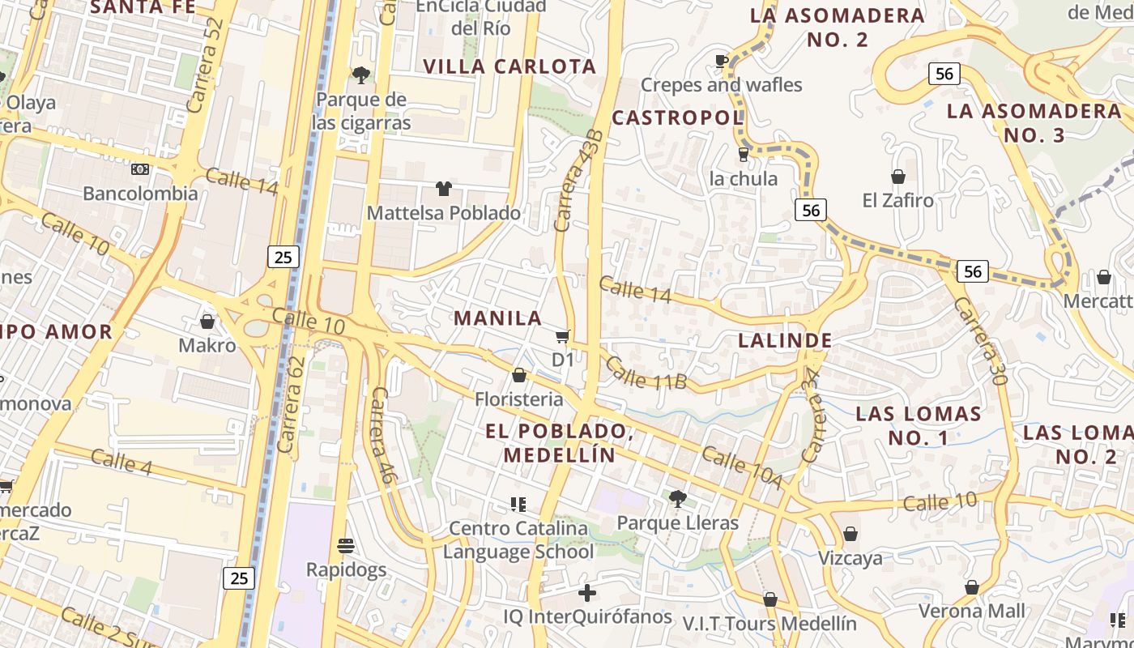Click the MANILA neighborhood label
coord(497,318)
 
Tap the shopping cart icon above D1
coord(563,336)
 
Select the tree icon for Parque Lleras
coord(678,498)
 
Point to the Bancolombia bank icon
coord(140,169)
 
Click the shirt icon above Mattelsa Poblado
coord(443,189)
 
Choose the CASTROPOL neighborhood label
coord(677,118)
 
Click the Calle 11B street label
coord(646,373)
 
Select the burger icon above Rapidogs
coord(346,545)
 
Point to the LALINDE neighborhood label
coord(785,340)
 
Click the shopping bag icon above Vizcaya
coord(850,534)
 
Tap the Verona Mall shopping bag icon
coord(971,587)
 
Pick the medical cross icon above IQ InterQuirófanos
coord(587,593)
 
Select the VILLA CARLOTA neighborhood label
coord(509,66)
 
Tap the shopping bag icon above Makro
coord(207,322)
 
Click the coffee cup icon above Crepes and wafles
coord(721,61)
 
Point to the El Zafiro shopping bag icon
coord(897,176)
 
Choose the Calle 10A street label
coord(742,468)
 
